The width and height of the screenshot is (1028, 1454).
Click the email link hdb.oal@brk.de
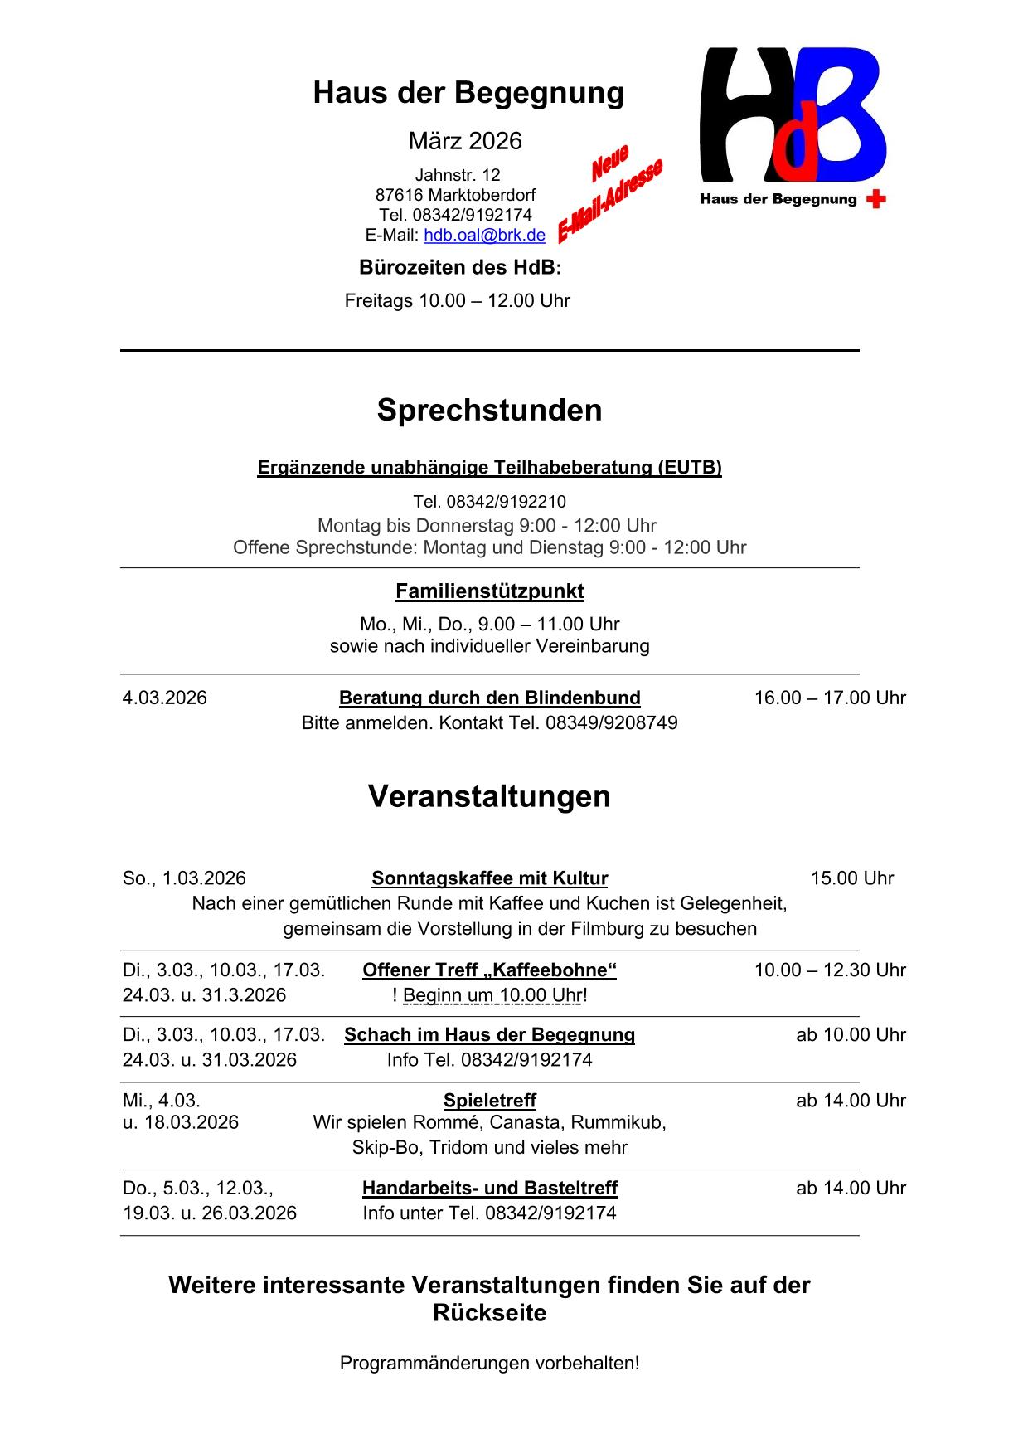(484, 235)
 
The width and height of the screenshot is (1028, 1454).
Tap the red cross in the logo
(875, 199)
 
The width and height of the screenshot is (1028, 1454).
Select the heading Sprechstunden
(489, 410)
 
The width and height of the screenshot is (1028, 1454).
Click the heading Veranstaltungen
(489, 796)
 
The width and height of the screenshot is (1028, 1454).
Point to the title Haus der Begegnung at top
(468, 93)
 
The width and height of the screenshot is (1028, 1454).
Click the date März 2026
(465, 141)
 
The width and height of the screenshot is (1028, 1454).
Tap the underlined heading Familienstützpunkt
(489, 591)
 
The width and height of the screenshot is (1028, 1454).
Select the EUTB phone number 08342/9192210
(506, 502)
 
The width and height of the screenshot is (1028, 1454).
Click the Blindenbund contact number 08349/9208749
(611, 722)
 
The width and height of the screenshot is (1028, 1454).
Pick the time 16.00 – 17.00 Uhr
(830, 698)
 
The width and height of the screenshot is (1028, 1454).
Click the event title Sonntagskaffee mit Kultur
(489, 878)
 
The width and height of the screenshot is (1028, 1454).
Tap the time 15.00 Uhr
(851, 878)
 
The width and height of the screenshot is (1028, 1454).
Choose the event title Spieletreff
(489, 1101)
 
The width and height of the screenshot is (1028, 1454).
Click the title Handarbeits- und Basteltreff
(489, 1188)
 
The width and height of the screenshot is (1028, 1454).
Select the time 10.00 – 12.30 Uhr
(830, 970)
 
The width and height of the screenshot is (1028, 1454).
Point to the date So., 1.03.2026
(184, 878)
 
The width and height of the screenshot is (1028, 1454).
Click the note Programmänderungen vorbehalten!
(489, 1363)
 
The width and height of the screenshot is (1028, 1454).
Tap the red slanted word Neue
(610, 163)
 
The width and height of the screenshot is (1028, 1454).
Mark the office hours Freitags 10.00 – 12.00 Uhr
(457, 300)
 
